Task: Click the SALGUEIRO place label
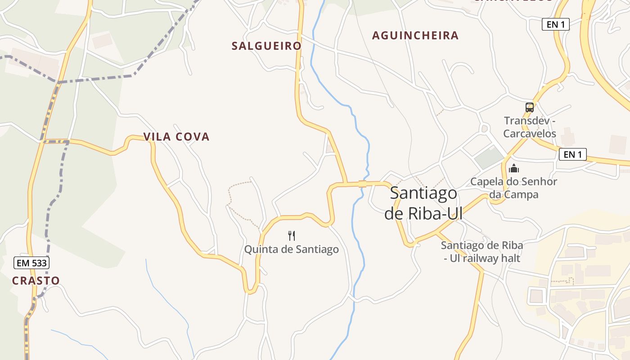click(x=266, y=46)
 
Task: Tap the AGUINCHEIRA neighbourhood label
click(x=415, y=36)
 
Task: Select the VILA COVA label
click(x=176, y=137)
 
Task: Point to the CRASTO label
click(x=36, y=281)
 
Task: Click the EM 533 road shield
click(x=31, y=263)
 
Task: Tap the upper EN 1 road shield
click(x=555, y=25)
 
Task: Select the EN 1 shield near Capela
click(x=572, y=155)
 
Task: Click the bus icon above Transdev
click(x=530, y=108)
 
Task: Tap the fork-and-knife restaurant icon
click(x=292, y=235)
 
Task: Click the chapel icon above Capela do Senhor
click(x=513, y=169)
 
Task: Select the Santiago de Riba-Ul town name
click(x=423, y=203)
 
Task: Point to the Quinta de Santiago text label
click(x=291, y=249)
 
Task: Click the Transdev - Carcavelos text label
click(x=530, y=127)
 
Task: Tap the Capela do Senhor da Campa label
click(x=513, y=188)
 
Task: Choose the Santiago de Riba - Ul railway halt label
click(x=481, y=252)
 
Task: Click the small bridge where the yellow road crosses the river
click(x=362, y=184)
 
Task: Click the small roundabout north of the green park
click(x=484, y=129)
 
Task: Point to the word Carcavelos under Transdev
click(x=530, y=134)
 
